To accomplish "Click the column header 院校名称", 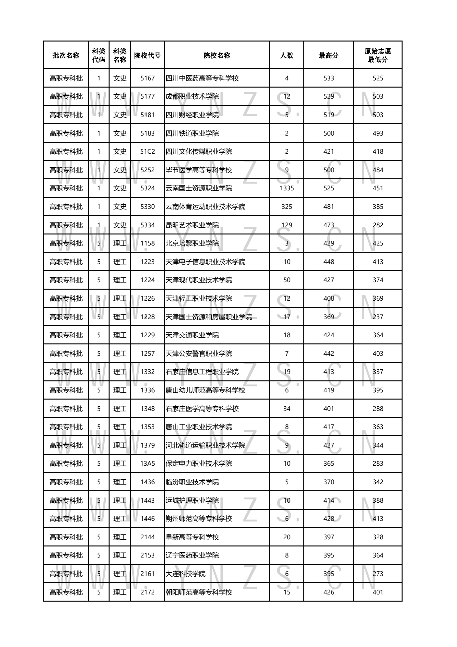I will click(x=217, y=55).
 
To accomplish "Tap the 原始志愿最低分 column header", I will click(x=378, y=55).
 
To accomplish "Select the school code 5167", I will click(x=147, y=78).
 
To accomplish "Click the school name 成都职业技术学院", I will click(x=192, y=97).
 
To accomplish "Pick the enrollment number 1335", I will click(x=287, y=188).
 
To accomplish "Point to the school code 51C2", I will click(x=147, y=152).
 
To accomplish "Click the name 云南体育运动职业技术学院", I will click(x=205, y=207).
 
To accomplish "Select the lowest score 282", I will click(x=378, y=225).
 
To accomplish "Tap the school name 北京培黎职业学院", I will click(x=192, y=244).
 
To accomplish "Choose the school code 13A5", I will click(x=147, y=464).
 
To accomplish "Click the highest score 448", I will click(x=328, y=262).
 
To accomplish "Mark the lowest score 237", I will click(x=378, y=317).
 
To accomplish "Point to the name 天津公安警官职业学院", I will click(x=199, y=353).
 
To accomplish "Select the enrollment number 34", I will click(x=287, y=409).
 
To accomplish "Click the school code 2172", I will click(x=147, y=592).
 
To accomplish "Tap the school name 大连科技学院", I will click(x=185, y=574).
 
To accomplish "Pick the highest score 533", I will click(x=328, y=78).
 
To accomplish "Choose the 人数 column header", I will click(x=287, y=55).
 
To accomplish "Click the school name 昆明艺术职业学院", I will click(x=192, y=225).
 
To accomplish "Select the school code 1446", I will click(x=147, y=519).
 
